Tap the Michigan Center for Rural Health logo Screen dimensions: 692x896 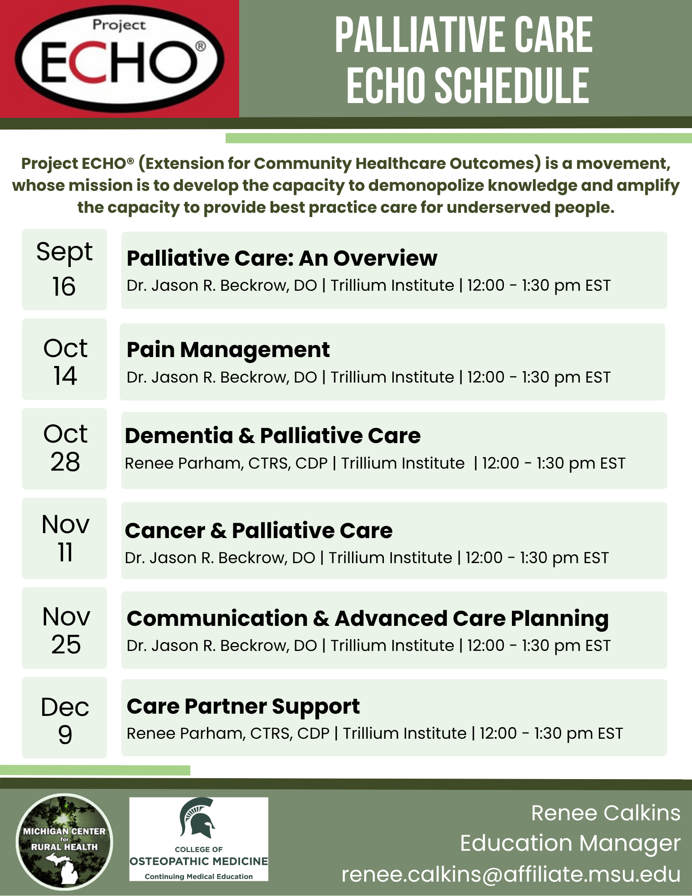tap(64, 841)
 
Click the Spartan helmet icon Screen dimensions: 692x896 tap(198, 818)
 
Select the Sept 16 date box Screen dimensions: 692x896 tap(64, 269)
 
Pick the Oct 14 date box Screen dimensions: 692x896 tap(64, 359)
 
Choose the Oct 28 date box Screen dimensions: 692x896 tap(64, 448)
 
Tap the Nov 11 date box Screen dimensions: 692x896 tap(64, 538)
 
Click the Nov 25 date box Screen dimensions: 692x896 tap(64, 628)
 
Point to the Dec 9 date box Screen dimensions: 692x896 tap(64, 717)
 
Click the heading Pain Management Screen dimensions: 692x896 tap(228, 350)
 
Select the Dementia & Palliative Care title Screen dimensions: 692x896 tap(273, 435)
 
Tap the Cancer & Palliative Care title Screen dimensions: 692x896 tap(259, 530)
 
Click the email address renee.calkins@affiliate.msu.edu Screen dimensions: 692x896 tap(511, 874)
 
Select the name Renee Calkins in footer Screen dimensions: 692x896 tap(606, 813)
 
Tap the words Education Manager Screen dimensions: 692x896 tap(570, 844)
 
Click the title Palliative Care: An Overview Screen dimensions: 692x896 tap(282, 258)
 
